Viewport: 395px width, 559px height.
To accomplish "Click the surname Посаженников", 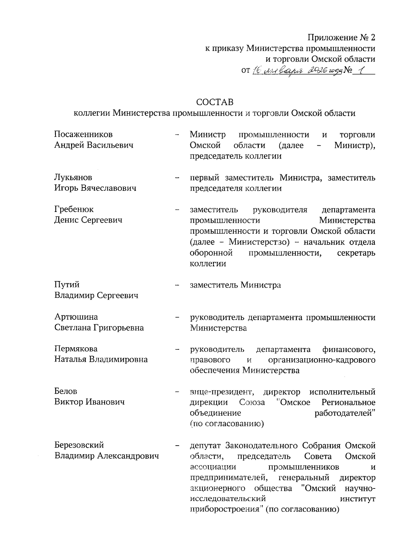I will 83,134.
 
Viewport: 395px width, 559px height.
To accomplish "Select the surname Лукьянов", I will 73,177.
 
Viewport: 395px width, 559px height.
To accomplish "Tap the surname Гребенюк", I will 74,209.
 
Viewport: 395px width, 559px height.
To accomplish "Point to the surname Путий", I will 67,284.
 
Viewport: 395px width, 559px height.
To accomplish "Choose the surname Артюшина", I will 76,317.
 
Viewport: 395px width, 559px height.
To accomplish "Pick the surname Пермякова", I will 76,349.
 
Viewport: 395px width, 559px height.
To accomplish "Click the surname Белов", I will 66,391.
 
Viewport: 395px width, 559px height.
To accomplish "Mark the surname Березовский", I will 79,445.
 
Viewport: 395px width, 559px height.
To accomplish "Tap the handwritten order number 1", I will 360,70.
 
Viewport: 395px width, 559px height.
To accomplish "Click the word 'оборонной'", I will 211,253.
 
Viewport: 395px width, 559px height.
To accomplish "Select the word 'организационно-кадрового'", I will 322,359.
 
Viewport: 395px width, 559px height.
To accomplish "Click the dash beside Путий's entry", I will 177,285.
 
